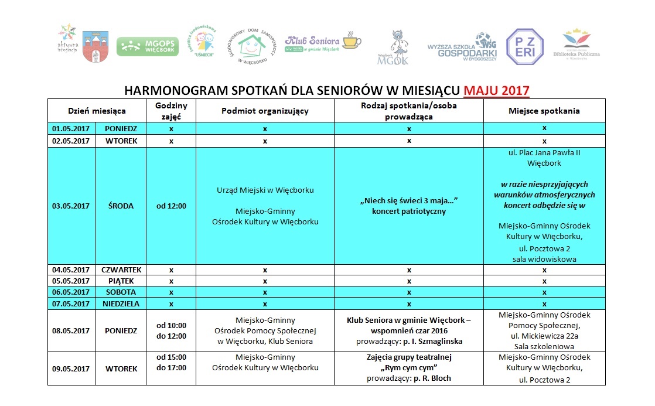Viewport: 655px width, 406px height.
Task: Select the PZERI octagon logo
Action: (x=524, y=46)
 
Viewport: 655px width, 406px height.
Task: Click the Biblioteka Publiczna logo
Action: (x=581, y=45)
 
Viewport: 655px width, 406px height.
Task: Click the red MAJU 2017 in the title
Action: (x=496, y=91)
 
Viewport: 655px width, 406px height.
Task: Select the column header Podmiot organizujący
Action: (x=265, y=111)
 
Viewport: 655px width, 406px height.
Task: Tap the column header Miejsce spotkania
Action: (x=544, y=111)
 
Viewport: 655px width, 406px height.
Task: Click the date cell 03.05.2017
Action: (x=71, y=206)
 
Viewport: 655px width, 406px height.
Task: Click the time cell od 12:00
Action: (x=171, y=206)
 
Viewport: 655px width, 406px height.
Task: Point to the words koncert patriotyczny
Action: (x=408, y=211)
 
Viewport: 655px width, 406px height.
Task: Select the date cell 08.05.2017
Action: (x=71, y=330)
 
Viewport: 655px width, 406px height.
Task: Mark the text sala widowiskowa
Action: (x=544, y=259)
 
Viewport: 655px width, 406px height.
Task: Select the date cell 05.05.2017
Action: (x=71, y=281)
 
